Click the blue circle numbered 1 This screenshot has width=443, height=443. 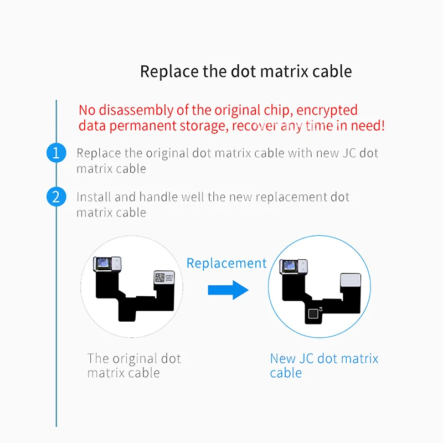(x=55, y=153)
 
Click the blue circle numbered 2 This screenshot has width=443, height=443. (x=55, y=197)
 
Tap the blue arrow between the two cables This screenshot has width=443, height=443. (x=228, y=290)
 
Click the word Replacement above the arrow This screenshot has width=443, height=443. (x=226, y=263)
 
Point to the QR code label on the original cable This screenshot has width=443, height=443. (x=159, y=277)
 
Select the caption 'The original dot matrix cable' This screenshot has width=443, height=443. (x=134, y=365)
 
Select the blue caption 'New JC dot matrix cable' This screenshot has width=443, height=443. (x=324, y=365)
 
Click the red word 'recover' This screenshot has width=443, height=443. (x=255, y=126)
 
